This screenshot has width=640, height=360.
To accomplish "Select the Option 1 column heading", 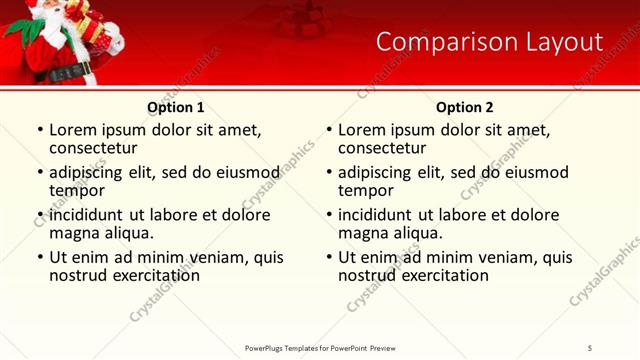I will [176, 107].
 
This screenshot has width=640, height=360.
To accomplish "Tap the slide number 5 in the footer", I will [590, 347].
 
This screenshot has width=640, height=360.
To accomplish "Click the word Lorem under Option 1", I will [73, 130].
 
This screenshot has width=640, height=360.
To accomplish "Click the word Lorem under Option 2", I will [362, 130].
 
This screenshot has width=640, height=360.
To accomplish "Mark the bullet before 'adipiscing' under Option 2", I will [328, 173].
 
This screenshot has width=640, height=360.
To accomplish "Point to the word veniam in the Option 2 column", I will [511, 257].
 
